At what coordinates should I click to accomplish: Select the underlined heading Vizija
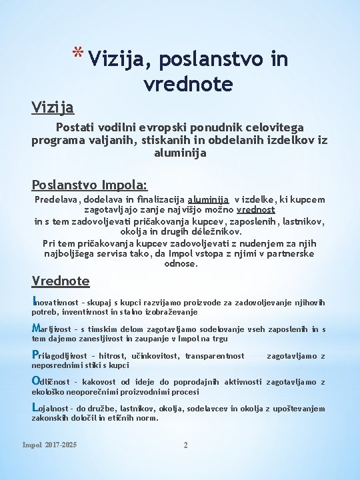[x=53, y=107]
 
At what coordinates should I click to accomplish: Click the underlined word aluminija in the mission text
[x=209, y=199]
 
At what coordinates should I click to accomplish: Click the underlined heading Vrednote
[x=61, y=280]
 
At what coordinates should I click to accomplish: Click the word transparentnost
[x=215, y=356]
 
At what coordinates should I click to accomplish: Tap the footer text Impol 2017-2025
[x=49, y=445]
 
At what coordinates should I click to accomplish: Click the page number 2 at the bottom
[x=185, y=445]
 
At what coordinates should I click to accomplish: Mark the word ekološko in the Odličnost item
[x=49, y=392]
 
